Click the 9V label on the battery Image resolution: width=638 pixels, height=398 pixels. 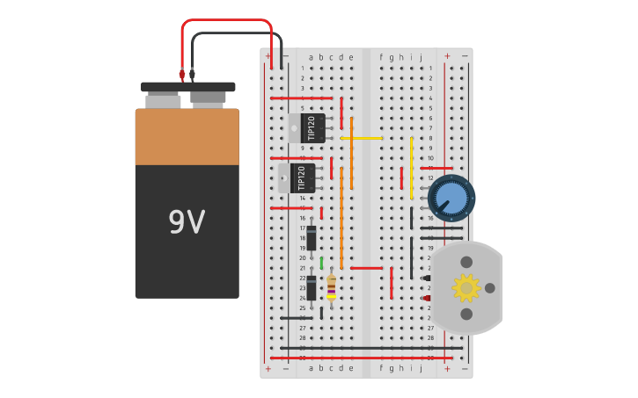pyautogui.click(x=187, y=222)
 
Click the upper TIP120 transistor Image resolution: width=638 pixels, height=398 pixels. pyautogui.click(x=308, y=128)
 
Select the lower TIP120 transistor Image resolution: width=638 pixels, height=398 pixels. pyautogui.click(x=297, y=178)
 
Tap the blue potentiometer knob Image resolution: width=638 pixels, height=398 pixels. pyautogui.click(x=451, y=198)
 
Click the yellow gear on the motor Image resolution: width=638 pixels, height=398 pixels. pyautogui.click(x=466, y=287)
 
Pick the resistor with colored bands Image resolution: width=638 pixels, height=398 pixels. pyautogui.click(x=331, y=287)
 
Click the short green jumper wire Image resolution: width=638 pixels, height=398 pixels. pyautogui.click(x=321, y=263)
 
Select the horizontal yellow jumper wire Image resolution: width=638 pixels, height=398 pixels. pyautogui.click(x=362, y=138)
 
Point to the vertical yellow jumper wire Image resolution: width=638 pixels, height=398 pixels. pyautogui.click(x=411, y=167)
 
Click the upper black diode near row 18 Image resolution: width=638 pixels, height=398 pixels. pyautogui.click(x=311, y=237)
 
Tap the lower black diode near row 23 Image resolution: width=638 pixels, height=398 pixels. pyautogui.click(x=311, y=287)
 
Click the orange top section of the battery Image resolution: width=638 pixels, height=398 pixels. pyautogui.click(x=187, y=136)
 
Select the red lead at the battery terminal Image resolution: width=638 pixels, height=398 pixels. pyautogui.click(x=182, y=75)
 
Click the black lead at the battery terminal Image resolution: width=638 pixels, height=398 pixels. pyautogui.click(x=193, y=75)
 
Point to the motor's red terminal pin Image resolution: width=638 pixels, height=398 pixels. pyautogui.click(x=428, y=298)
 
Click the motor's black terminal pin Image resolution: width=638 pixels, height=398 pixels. pyautogui.click(x=428, y=278)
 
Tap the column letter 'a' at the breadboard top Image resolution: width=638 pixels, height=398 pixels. pyautogui.click(x=311, y=57)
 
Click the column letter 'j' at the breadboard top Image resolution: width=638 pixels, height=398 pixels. pyautogui.click(x=421, y=57)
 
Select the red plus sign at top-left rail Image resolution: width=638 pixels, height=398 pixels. pyautogui.click(x=268, y=55)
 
